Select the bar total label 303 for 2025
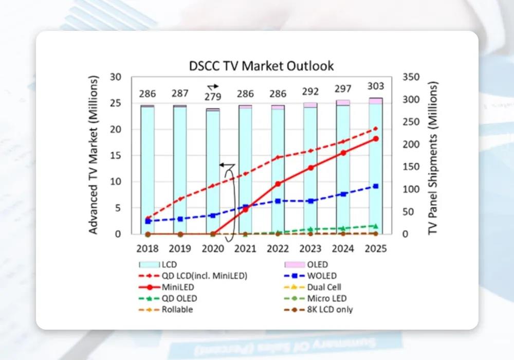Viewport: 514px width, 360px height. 376,86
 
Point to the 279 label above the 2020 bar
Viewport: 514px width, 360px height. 213,97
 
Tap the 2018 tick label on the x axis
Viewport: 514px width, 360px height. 148,248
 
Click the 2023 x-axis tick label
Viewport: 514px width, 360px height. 310,248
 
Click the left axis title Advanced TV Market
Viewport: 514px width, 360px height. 93,156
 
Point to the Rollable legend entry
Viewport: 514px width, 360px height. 177,310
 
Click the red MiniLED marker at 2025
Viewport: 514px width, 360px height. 376,139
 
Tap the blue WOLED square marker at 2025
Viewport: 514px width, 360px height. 376,186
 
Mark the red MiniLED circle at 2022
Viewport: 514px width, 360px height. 278,184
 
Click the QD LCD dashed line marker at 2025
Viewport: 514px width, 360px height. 376,129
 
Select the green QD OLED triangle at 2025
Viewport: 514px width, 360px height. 376,226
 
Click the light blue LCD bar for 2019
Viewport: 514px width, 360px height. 180,170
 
